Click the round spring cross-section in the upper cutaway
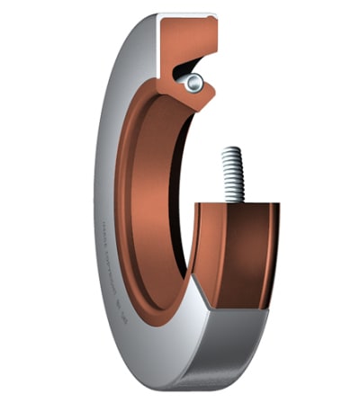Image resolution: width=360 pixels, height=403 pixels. (x=193, y=82)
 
